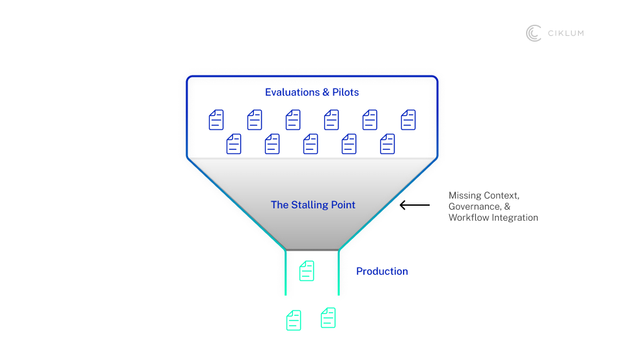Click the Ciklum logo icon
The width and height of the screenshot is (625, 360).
tap(534, 33)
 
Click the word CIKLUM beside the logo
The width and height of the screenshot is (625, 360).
tap(565, 34)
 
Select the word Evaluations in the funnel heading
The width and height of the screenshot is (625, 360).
tap(292, 92)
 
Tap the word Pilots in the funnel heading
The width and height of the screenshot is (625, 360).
tap(346, 92)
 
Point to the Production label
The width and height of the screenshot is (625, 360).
tap(382, 271)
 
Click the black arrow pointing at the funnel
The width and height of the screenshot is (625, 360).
tap(415, 206)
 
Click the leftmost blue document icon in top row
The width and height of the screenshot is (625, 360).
tap(216, 120)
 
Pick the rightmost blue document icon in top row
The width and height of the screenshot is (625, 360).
tap(408, 120)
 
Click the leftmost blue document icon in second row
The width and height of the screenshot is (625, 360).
tap(234, 144)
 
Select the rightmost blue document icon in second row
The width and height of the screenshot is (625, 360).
tap(387, 144)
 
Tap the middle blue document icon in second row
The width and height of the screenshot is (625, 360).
tap(311, 144)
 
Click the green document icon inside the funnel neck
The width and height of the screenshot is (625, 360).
tap(307, 271)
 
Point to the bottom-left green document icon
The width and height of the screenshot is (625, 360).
tap(294, 320)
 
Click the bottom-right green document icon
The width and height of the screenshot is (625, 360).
tap(328, 318)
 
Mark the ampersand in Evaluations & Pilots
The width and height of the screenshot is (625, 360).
tap(326, 92)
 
